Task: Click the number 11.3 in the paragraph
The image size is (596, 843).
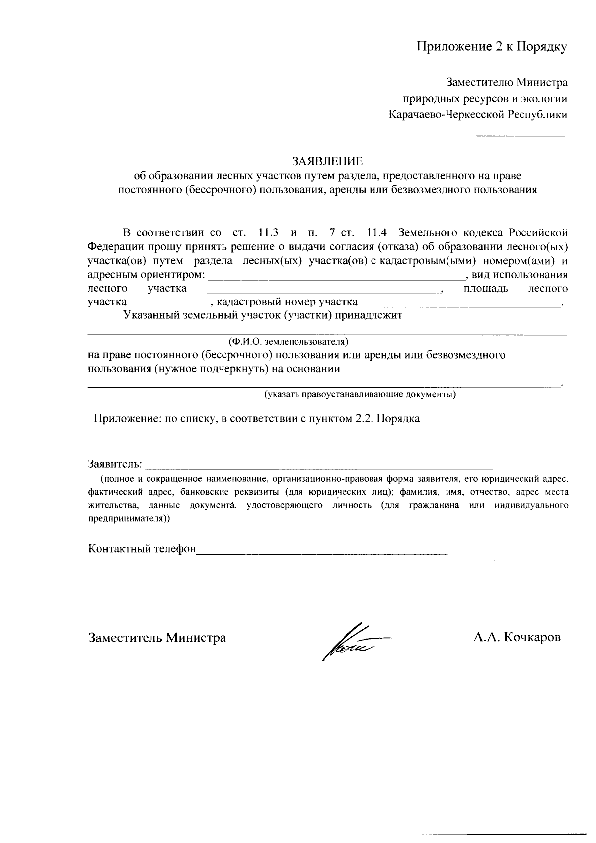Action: [x=268, y=232]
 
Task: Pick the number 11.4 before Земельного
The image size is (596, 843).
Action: [x=377, y=232]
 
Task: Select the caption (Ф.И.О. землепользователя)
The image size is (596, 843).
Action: [x=288, y=342]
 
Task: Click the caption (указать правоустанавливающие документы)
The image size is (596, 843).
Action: [x=360, y=395]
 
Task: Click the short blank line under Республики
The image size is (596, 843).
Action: [x=520, y=135]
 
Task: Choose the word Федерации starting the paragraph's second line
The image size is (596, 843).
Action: [x=116, y=246]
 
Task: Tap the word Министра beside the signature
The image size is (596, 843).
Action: [x=196, y=637]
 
